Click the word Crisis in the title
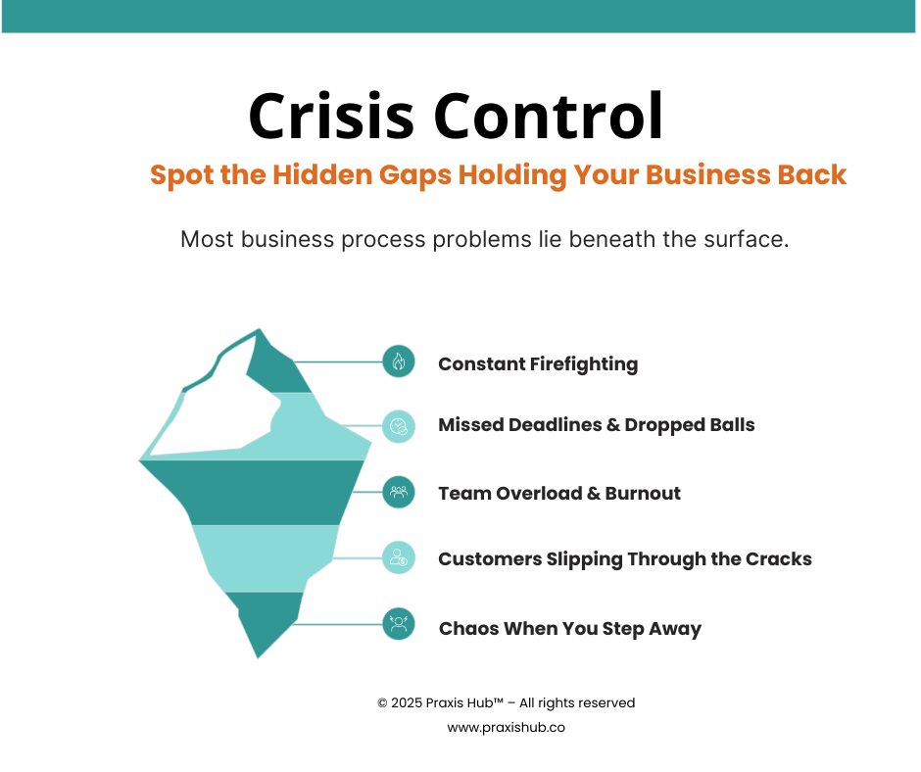click(332, 117)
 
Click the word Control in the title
click(549, 117)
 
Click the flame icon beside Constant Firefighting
click(399, 362)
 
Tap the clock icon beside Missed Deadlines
click(399, 425)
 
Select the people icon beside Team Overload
click(399, 492)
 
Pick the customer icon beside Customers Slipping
click(399, 558)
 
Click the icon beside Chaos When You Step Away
click(399, 624)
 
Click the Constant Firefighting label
click(538, 364)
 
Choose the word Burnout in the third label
click(644, 493)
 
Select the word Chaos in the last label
click(468, 628)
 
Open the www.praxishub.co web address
click(506, 728)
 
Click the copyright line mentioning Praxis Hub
click(506, 702)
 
